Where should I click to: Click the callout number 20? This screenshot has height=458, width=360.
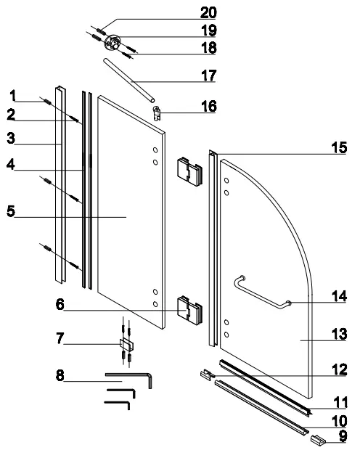coord(208,12)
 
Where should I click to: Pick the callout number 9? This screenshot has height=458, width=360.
coord(343,436)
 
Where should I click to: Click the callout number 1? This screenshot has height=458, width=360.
coord(12,94)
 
